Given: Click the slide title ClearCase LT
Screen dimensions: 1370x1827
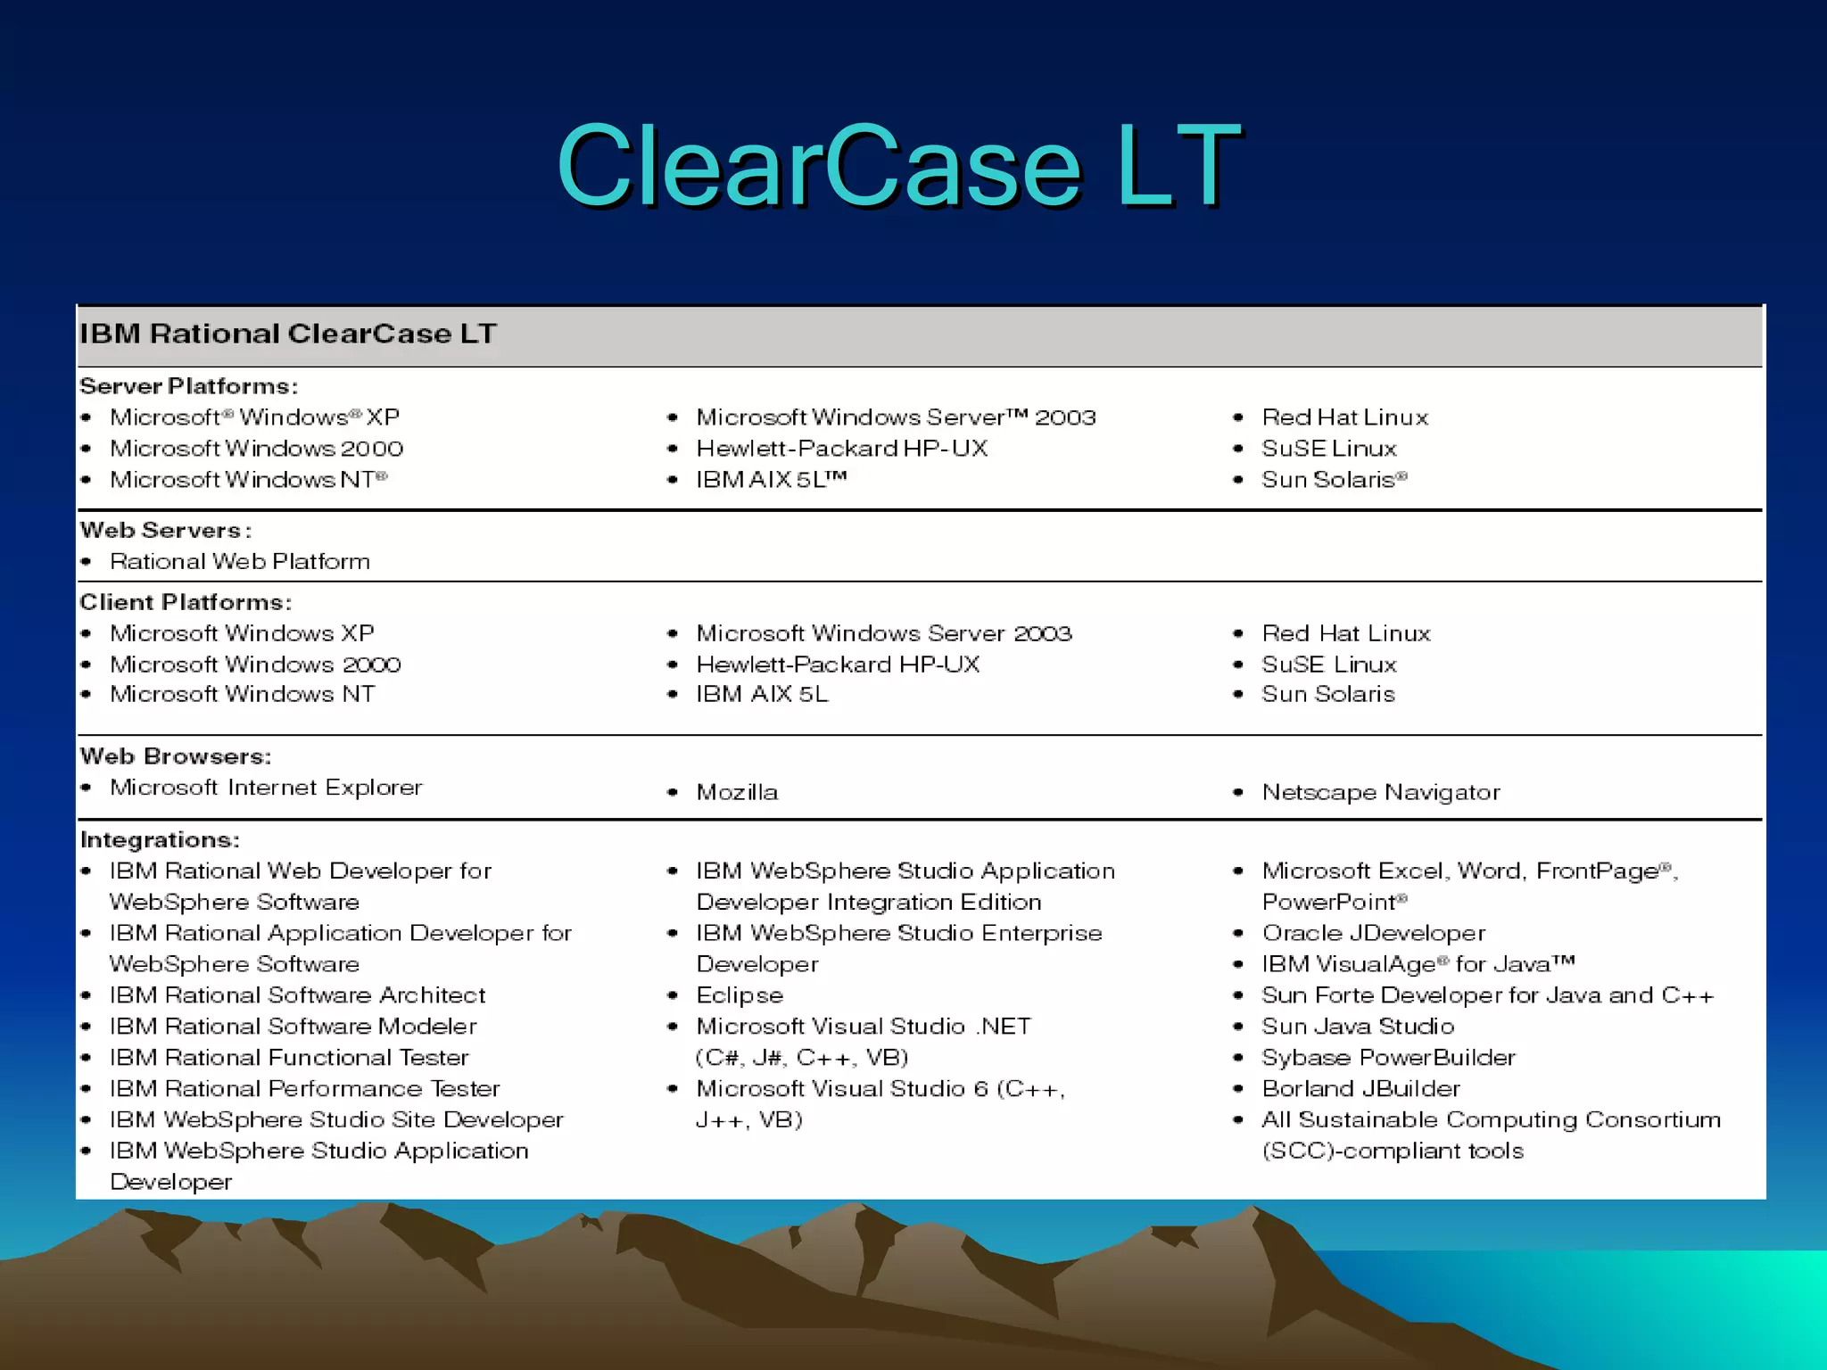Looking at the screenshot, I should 898,166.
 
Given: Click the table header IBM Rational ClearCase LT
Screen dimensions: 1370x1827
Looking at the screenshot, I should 287,334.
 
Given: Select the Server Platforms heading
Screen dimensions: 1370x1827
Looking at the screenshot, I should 188,386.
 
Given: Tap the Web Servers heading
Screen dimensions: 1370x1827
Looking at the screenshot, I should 165,530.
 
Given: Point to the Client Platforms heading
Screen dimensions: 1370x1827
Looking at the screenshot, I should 186,602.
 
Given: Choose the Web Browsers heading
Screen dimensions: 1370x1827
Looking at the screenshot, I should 176,756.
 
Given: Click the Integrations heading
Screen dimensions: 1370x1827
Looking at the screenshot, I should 160,839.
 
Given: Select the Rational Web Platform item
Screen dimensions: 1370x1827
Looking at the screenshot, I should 239,561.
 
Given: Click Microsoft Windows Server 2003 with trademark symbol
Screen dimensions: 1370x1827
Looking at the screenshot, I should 896,417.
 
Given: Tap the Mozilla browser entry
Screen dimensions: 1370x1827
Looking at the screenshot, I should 737,792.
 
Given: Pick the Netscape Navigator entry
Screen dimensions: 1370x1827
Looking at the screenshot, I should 1380,792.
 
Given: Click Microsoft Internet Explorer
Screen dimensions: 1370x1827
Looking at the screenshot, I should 266,788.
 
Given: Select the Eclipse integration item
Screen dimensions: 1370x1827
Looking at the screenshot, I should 740,995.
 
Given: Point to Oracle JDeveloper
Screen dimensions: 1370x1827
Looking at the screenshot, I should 1373,933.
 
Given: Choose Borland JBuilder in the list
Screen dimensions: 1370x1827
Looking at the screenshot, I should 1360,1089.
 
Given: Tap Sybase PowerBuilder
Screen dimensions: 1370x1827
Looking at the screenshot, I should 1388,1058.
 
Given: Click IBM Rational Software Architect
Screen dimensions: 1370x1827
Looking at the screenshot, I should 297,995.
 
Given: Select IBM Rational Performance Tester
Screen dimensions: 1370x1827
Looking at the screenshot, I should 304,1089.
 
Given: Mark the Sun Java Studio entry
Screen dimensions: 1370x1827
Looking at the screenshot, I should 1358,1027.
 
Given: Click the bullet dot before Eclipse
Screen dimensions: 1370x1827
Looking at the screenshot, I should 674,995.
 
